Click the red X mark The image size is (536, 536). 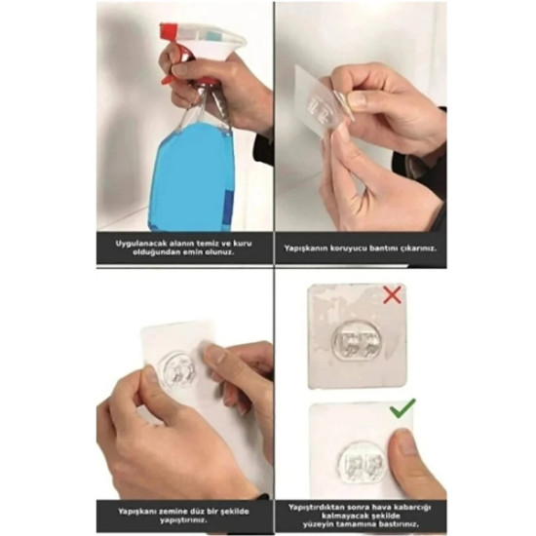392,295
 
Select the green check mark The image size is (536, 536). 402,407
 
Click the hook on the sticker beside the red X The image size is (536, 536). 353,340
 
